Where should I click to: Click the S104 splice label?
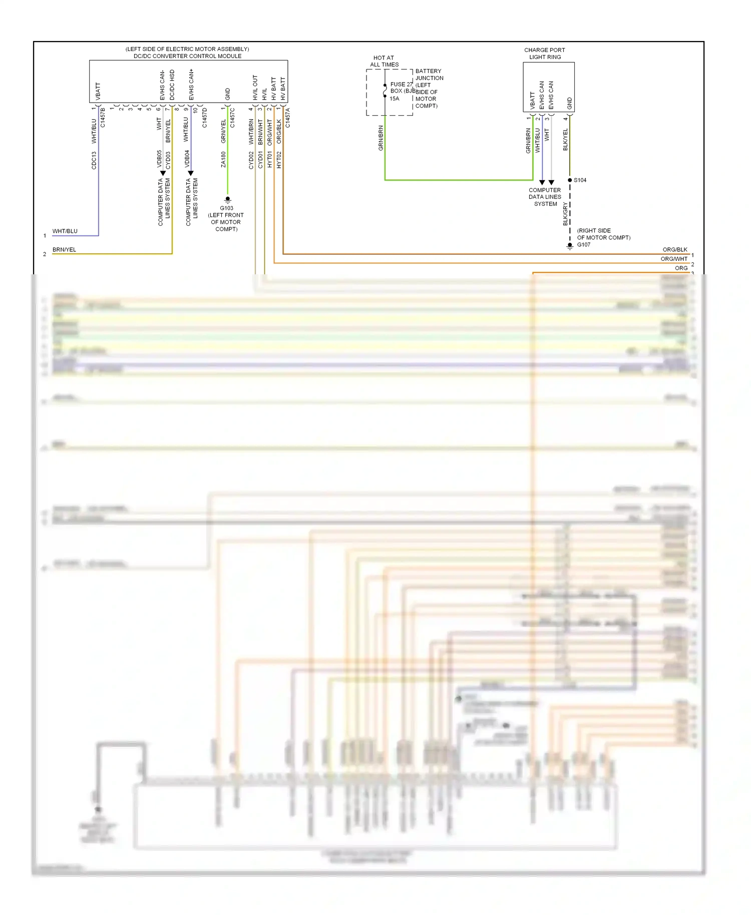(x=580, y=180)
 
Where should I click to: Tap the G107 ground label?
(x=584, y=245)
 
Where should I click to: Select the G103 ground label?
(x=226, y=208)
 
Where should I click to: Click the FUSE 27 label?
(x=401, y=85)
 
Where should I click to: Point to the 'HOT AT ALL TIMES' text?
(x=384, y=61)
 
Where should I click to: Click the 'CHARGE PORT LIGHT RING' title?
(x=545, y=54)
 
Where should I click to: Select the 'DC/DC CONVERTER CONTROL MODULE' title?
(x=187, y=56)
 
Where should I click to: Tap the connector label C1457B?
(x=103, y=118)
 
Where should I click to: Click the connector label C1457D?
(x=204, y=118)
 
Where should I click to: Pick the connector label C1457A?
(x=287, y=118)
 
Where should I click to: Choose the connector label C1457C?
(x=232, y=118)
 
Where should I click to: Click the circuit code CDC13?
(x=94, y=160)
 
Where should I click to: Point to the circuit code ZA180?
(x=223, y=160)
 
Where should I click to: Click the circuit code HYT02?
(x=279, y=160)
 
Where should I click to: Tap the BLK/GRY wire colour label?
(x=565, y=214)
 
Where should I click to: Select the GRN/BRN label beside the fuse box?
(x=381, y=138)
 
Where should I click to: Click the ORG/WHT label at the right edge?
(x=674, y=259)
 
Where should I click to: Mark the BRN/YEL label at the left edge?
(x=64, y=250)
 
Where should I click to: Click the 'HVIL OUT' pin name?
(x=255, y=88)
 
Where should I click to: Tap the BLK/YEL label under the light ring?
(x=565, y=140)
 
